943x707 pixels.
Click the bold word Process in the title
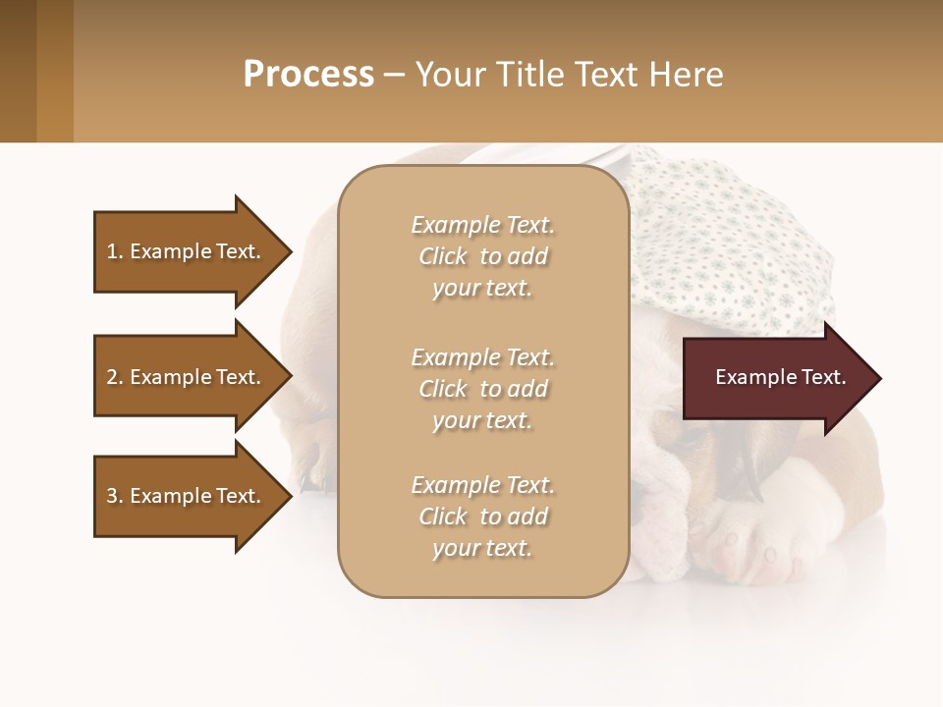308,75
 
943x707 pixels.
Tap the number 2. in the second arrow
115,377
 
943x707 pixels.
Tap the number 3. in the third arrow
115,496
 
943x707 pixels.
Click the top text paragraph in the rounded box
482,256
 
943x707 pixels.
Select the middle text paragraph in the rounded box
482,389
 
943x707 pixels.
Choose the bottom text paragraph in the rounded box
482,517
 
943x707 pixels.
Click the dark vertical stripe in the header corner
54,71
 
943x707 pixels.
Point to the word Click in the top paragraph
443,256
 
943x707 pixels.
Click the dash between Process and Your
395,75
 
